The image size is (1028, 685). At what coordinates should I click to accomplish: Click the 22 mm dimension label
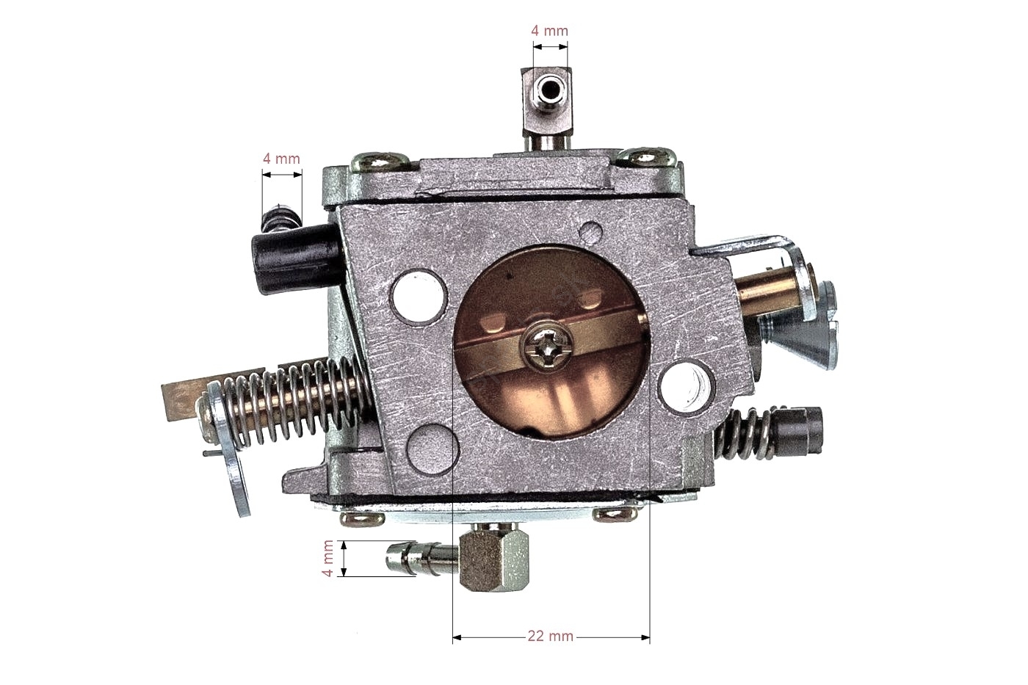point(550,637)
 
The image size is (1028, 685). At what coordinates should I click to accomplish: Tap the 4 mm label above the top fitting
point(549,31)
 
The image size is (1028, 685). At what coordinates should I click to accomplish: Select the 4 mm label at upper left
point(281,159)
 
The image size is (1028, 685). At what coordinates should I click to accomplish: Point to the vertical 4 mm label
point(327,559)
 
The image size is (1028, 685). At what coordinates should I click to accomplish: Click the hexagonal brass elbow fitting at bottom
point(493,559)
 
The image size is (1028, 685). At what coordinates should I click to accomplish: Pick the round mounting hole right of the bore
point(687,386)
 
